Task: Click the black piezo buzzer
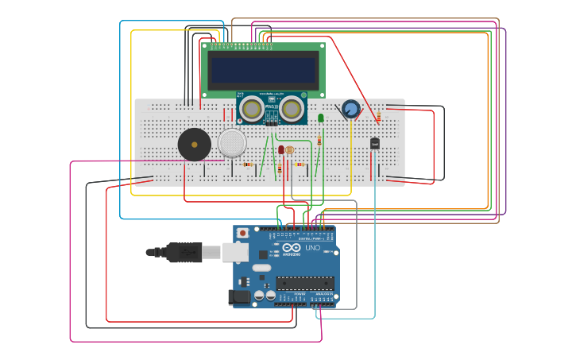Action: coord(195,145)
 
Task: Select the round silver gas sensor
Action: coord(232,143)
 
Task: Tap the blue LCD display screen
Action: coord(264,70)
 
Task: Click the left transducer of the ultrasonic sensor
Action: coord(252,109)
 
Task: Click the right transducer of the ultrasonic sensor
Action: coord(292,109)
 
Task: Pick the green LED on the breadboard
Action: coord(321,118)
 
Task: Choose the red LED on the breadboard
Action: coord(280,149)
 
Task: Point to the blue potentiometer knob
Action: coord(350,109)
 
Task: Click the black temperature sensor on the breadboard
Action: coord(375,143)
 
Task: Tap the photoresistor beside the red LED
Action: coord(289,149)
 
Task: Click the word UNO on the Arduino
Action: coord(313,248)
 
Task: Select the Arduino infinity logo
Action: coord(292,248)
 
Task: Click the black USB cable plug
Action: coord(184,252)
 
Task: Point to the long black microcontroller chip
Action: coord(305,283)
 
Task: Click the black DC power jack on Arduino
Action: coord(238,297)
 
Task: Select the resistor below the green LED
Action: coord(319,141)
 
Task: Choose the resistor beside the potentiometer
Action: coord(379,118)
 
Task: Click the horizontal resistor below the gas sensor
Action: coord(248,165)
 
